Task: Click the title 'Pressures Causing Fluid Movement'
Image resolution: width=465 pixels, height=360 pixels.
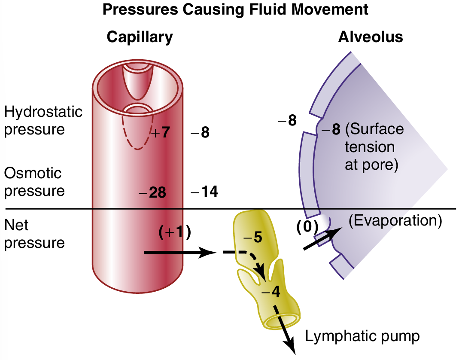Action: pos(235,9)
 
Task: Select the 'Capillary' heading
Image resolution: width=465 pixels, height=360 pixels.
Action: pos(140,37)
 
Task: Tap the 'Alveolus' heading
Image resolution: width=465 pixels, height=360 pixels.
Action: pos(370,37)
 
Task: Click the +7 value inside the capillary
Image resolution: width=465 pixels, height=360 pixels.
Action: pos(161,133)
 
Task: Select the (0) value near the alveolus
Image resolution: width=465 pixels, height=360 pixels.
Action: pos(307,226)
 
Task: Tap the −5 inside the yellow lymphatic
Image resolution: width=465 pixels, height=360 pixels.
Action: pos(252,237)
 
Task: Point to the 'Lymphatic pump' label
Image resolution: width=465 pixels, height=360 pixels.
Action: pos(362,336)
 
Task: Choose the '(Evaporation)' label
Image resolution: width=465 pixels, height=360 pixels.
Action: pos(395,220)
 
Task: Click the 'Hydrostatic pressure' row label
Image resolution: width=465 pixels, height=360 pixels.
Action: pos(43,120)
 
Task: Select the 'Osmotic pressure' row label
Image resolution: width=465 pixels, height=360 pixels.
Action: pos(34,182)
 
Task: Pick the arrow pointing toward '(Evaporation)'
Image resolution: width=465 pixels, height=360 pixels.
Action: pos(322,239)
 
